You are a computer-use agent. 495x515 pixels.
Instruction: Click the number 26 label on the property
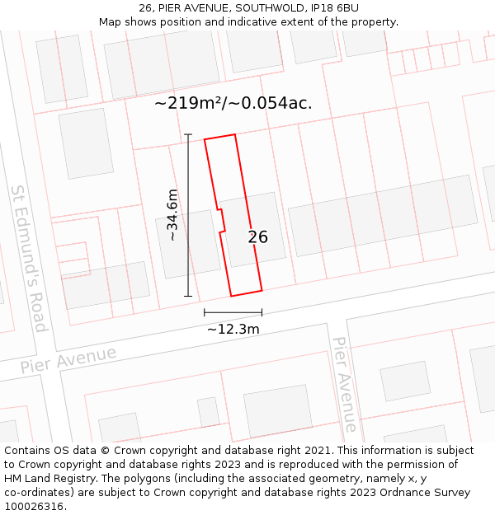pos(258,237)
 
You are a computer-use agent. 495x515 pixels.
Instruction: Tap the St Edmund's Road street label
pos(28,258)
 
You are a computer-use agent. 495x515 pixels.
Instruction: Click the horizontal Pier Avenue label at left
pos(68,360)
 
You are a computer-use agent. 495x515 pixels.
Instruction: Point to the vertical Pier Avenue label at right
pos(345,384)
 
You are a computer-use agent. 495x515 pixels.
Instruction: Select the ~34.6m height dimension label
pos(172,214)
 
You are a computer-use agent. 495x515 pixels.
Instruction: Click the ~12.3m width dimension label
pos(233,330)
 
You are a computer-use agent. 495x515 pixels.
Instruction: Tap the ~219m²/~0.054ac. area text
pos(233,104)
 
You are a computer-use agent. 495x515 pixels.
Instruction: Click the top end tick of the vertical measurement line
pos(188,134)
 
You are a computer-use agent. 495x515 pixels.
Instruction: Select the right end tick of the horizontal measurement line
pos(262,312)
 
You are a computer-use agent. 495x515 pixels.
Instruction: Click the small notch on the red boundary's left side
pos(221,222)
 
